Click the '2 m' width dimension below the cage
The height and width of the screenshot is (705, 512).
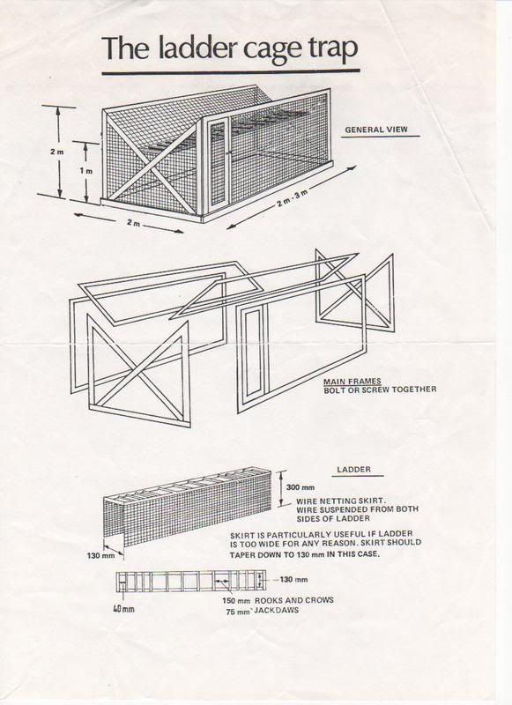pyautogui.click(x=132, y=224)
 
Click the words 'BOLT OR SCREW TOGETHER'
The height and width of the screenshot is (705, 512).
pyautogui.click(x=381, y=389)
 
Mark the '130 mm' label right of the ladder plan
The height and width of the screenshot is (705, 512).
pyautogui.click(x=293, y=579)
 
